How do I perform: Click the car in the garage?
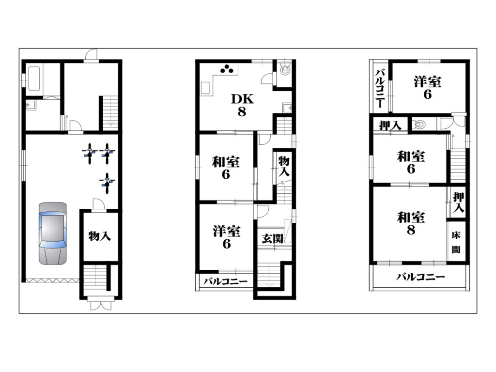click(53, 233)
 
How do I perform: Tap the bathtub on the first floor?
click(34, 78)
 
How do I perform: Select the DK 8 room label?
click(242, 105)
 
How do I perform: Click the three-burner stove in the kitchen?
click(227, 69)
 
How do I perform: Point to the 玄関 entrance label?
click(272, 239)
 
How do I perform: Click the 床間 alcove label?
click(456, 242)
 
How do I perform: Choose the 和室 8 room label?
click(411, 223)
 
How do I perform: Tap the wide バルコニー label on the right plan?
click(420, 277)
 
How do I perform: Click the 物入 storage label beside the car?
click(99, 236)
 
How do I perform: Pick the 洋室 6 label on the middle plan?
click(227, 237)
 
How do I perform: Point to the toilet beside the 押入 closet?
click(419, 124)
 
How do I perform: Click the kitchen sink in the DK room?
click(205, 88)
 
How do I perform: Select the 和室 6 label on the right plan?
click(411, 162)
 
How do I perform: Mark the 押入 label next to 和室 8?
click(458, 202)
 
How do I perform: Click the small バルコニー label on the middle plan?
click(225, 281)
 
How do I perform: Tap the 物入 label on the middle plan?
click(284, 166)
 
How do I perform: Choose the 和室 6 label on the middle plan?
click(226, 168)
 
